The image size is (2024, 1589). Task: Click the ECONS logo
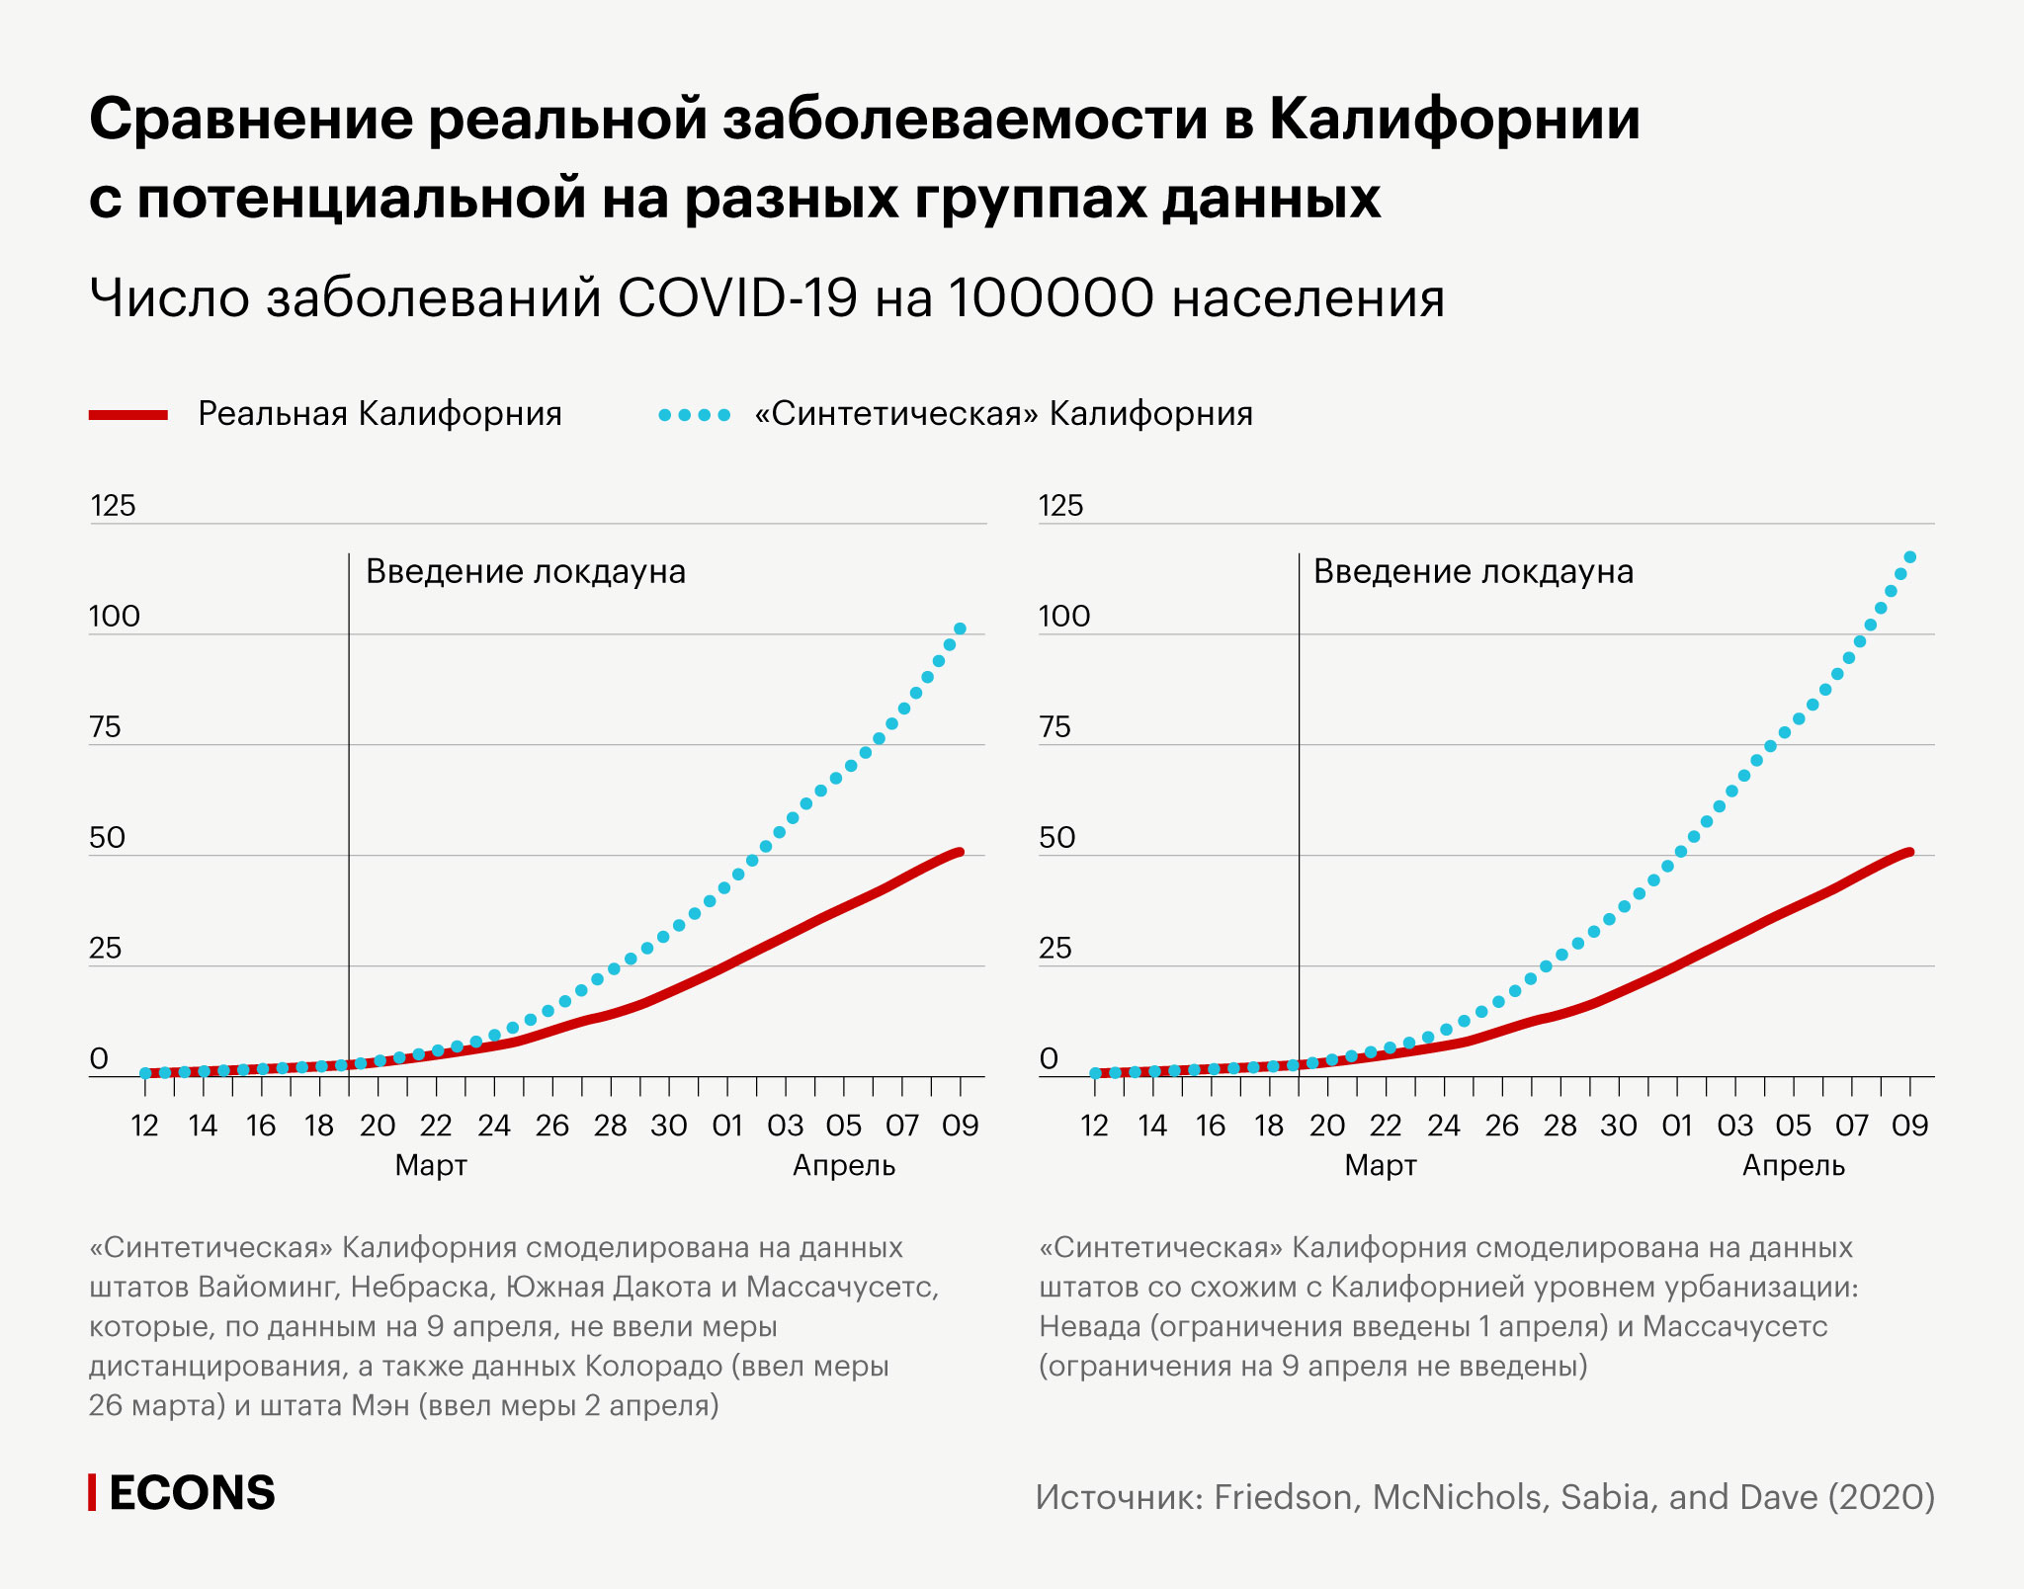coord(183,1493)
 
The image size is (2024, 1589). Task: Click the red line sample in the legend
coord(128,415)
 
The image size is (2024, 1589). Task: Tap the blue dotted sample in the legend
coord(695,415)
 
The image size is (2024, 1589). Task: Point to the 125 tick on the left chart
coord(113,506)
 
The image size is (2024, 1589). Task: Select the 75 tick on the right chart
coord(1055,727)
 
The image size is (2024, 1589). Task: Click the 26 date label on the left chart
coord(552,1126)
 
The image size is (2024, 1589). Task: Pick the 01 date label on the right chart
coord(1677,1126)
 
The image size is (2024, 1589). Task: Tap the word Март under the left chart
coord(431,1166)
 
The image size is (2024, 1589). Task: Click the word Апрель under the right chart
coord(1793,1166)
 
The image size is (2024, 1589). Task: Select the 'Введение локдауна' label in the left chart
coord(526,572)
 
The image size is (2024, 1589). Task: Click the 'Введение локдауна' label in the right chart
coord(1473,572)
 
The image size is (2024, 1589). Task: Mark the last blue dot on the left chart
coord(960,628)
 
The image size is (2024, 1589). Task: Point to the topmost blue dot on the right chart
coord(1909,557)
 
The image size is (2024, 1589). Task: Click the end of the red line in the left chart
coord(959,852)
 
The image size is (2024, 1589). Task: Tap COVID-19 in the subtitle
coord(738,297)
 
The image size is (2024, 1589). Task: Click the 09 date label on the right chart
coord(1909,1126)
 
